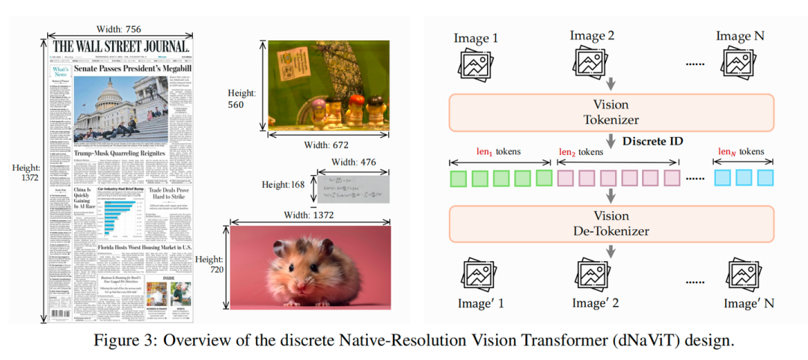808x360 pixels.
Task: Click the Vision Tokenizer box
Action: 612,112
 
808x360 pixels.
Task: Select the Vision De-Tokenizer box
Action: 612,224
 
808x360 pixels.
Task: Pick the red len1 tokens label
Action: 499,151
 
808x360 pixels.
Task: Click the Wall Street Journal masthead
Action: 120,47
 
